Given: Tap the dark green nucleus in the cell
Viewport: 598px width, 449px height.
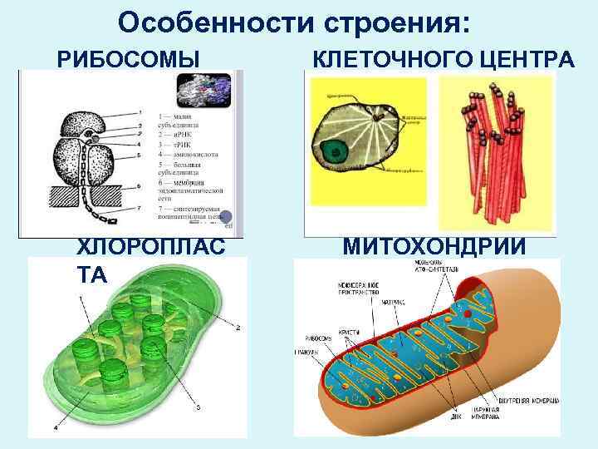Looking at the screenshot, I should [336, 151].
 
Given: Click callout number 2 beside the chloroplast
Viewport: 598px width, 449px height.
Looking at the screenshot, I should [239, 328].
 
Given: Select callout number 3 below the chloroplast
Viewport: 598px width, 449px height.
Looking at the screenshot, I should [198, 407].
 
